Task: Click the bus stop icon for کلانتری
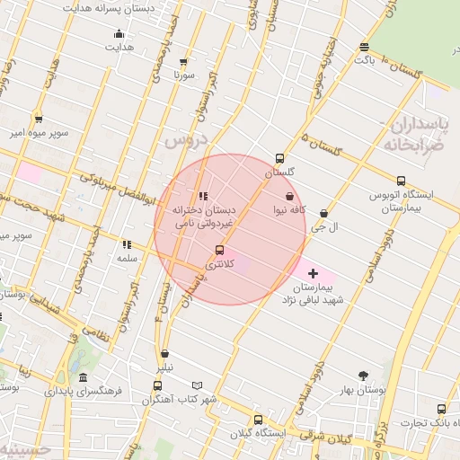[x=220, y=250]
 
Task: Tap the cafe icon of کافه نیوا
[x=289, y=195]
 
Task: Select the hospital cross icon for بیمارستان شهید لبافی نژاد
[x=313, y=272]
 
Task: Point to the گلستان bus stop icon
[x=280, y=157]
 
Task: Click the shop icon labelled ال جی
[x=323, y=213]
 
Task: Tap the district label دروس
[x=186, y=141]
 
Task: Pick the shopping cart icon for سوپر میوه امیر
[x=39, y=119]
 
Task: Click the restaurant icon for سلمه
[x=127, y=243]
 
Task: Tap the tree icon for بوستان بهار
[x=363, y=376]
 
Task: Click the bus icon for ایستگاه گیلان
[x=259, y=420]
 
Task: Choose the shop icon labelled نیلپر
[x=164, y=354]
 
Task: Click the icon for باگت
[x=363, y=47]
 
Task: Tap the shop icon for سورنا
[x=184, y=62]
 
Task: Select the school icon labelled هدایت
[x=119, y=35]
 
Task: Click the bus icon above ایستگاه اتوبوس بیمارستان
[x=401, y=180]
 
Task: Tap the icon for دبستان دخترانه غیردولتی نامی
[x=203, y=195]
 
